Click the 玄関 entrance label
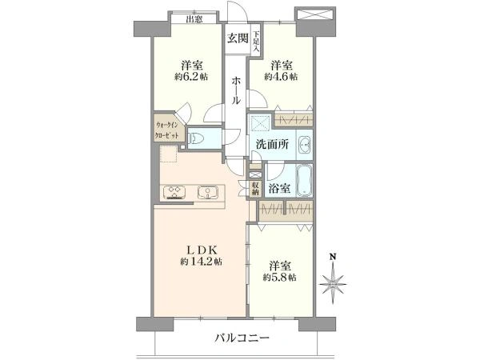238,38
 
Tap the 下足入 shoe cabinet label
256,41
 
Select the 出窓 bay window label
194,19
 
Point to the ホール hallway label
236,91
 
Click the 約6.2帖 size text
191,77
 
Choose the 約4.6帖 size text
281,77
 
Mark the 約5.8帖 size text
279,278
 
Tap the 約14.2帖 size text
201,262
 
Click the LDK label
202,250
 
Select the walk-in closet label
167,130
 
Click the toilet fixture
197,139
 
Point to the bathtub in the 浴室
305,180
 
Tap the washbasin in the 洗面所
305,144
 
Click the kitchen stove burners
174,193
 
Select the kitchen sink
208,193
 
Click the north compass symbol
333,279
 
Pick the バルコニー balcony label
242,338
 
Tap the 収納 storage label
256,189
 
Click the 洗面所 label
272,144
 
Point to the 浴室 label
280,188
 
